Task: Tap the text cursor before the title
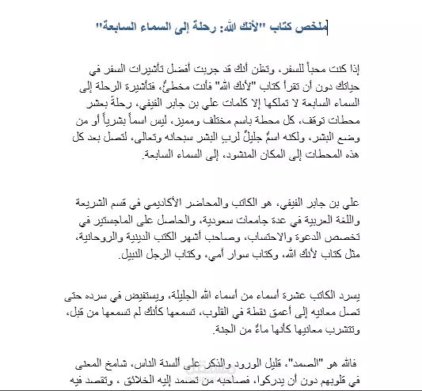pyautogui.click(x=327, y=28)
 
